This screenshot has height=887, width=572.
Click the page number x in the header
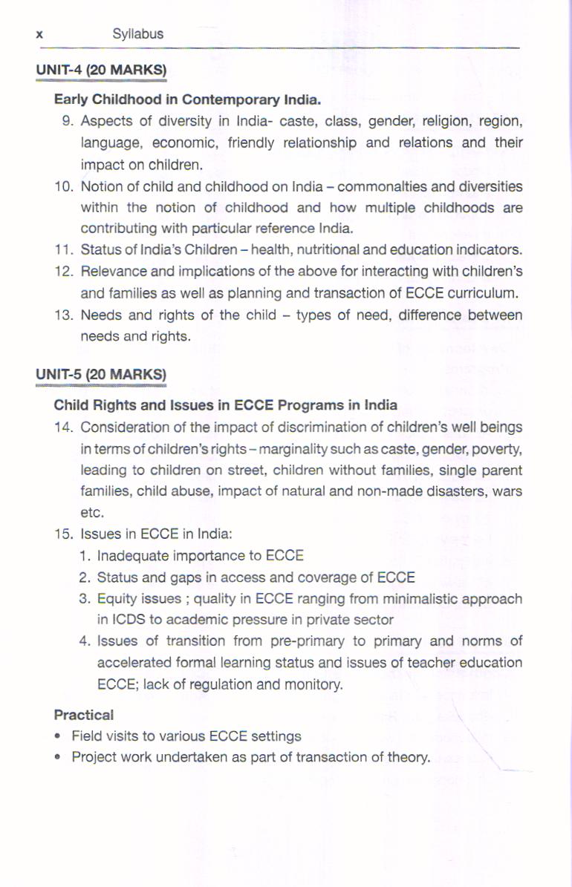(x=39, y=34)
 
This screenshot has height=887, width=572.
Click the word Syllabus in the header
(x=137, y=34)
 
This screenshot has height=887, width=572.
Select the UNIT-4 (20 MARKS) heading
(x=101, y=71)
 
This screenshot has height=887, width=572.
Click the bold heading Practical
(x=84, y=716)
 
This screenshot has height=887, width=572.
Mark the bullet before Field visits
(x=58, y=737)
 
